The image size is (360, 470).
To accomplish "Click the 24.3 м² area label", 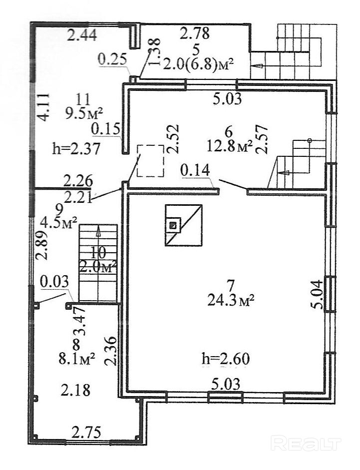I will pyautogui.click(x=230, y=300).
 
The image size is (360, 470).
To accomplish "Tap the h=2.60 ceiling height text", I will pyautogui.click(x=226, y=359).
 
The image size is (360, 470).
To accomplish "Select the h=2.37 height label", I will pyautogui.click(x=77, y=148).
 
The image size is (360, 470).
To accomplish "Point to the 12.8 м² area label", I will pyautogui.click(x=230, y=146).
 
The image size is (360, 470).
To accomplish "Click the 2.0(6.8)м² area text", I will pyautogui.click(x=199, y=64).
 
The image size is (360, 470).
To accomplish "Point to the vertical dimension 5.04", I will pyautogui.click(x=317, y=297).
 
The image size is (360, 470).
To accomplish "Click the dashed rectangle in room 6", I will pyautogui.click(x=151, y=160).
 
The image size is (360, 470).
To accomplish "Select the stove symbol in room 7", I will pyautogui.click(x=183, y=225).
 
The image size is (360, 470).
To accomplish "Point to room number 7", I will pyautogui.click(x=230, y=286).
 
